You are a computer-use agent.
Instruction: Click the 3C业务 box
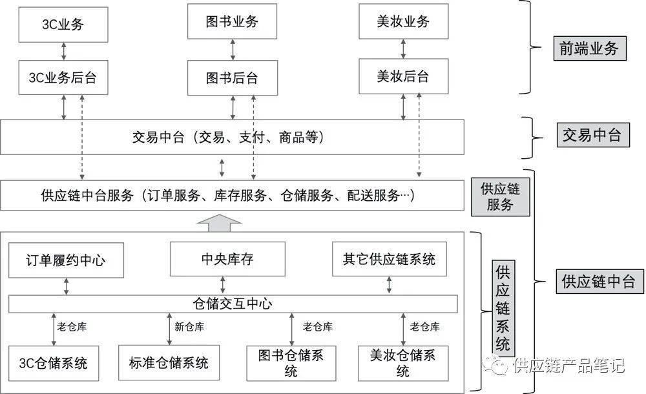tap(63, 25)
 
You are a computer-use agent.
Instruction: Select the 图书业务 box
tap(232, 21)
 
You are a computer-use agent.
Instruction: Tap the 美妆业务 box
tap(403, 21)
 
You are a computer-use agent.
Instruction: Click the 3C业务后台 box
tap(63, 78)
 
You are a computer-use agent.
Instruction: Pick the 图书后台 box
tap(233, 78)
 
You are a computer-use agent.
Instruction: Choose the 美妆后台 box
tap(403, 76)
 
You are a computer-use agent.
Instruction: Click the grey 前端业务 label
tap(590, 48)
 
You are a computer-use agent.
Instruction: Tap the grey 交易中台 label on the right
tap(593, 135)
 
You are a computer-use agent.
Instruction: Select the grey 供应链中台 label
tap(599, 282)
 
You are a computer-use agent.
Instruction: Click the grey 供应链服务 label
tap(500, 197)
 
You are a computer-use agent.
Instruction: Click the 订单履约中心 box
tap(66, 260)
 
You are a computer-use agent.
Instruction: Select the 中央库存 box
tap(227, 259)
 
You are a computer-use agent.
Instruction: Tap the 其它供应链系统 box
tap(390, 259)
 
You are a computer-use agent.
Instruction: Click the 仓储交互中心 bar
tap(233, 304)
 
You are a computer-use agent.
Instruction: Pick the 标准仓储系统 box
tap(169, 363)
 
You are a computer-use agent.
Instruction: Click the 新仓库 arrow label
tap(189, 327)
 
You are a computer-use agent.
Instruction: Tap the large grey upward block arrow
tap(219, 223)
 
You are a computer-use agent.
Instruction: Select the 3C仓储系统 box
tap(54, 363)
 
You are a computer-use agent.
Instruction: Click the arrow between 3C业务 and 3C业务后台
tap(63, 51)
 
